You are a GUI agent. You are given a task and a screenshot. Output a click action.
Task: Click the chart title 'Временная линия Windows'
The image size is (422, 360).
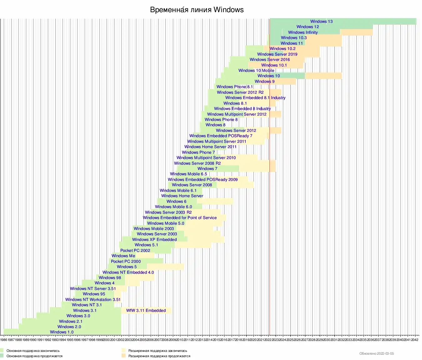197,10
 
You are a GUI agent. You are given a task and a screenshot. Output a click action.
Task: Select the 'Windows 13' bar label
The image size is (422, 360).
321,22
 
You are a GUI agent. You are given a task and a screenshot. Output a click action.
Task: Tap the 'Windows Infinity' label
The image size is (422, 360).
303,32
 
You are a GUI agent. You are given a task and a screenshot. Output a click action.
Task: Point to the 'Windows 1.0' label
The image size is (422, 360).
62,332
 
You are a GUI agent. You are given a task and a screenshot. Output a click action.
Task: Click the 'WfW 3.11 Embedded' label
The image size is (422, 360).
146,311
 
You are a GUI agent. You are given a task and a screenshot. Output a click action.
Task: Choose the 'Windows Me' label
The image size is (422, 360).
123,256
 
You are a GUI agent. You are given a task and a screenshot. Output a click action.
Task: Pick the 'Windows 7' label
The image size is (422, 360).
207,169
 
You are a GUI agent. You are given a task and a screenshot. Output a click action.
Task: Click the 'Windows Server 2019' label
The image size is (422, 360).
277,54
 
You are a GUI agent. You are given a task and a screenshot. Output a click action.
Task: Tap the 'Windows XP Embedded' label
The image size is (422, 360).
154,240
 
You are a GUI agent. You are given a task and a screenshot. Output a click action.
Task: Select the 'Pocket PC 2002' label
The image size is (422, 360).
135,251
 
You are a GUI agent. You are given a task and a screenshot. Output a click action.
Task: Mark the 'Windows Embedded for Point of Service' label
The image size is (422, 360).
180,218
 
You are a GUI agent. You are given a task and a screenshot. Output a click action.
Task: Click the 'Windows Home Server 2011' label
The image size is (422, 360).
210,147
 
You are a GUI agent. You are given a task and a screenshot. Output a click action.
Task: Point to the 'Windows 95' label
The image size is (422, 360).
94,294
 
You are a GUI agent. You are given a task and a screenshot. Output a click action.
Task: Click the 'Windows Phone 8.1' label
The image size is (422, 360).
234,87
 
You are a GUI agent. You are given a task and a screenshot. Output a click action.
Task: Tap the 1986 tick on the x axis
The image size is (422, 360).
4,340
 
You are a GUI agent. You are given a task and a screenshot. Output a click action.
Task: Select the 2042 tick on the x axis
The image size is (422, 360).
414,340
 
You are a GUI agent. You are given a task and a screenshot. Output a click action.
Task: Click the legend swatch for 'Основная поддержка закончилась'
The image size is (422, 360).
2,351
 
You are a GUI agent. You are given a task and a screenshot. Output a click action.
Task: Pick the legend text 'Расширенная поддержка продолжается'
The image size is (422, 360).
159,356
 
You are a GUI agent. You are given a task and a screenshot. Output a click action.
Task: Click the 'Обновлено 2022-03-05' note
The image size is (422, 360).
376,354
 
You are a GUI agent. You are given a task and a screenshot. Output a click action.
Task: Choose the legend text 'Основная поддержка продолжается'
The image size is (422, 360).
34,356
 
